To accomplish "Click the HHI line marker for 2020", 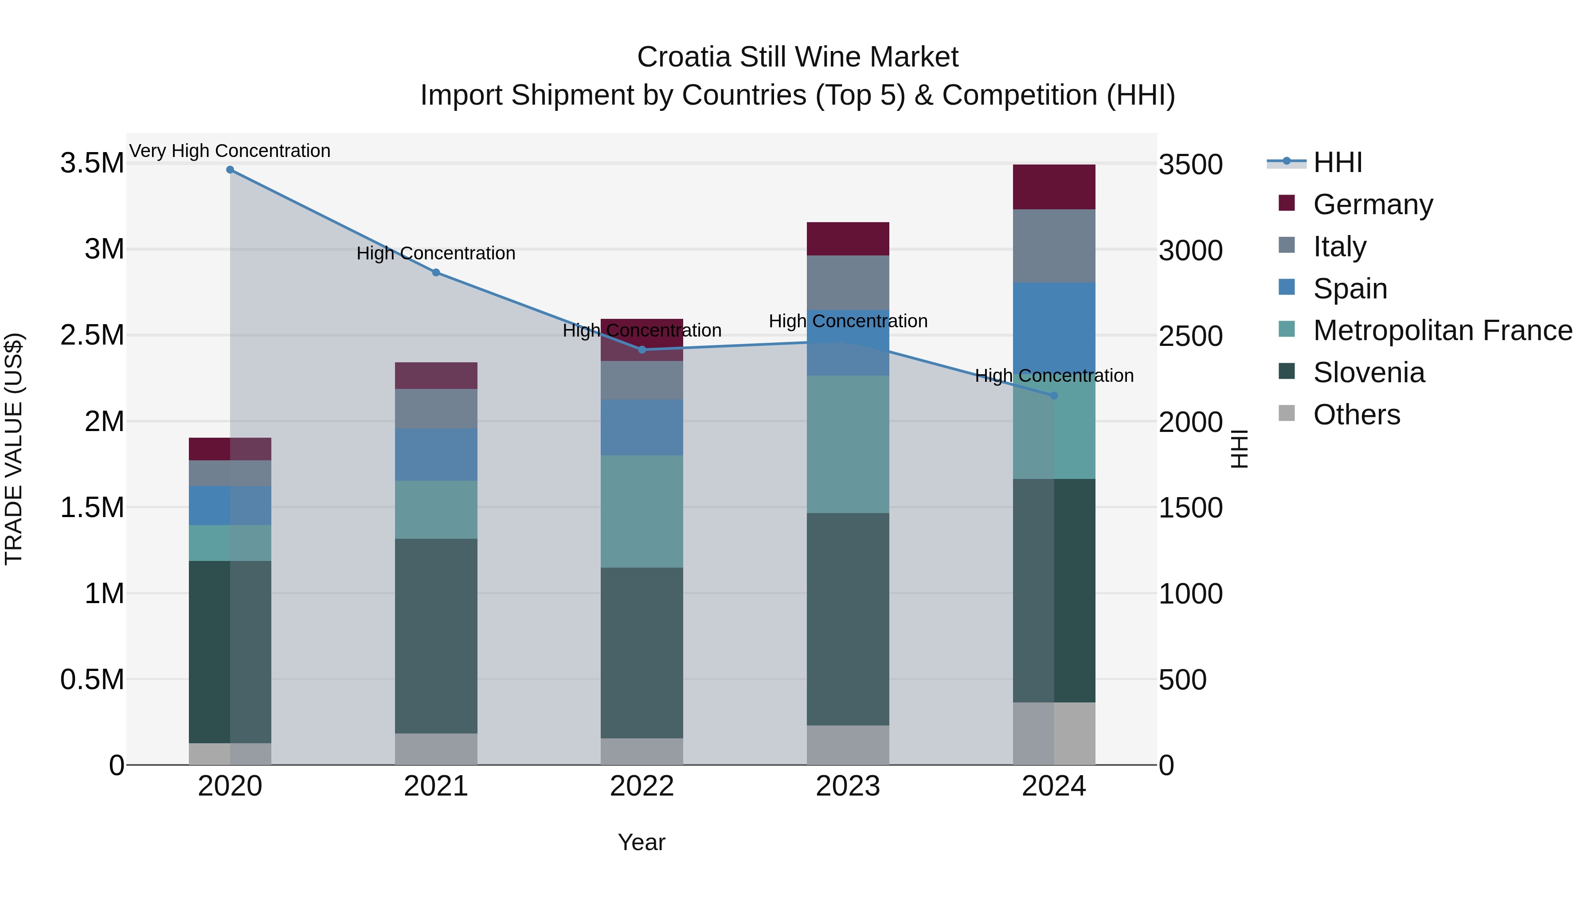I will [x=230, y=170].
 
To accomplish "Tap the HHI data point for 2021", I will [x=436, y=273].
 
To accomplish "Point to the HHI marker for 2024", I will [x=1054, y=396].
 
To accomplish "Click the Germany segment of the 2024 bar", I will [x=1054, y=187].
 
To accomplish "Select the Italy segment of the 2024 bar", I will [x=1054, y=246].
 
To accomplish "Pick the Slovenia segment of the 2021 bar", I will [x=436, y=636].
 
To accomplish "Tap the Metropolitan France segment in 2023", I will [x=848, y=444].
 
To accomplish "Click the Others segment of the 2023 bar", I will [x=848, y=745].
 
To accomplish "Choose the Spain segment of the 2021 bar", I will [x=436, y=454].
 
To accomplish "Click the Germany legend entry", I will [x=1372, y=204].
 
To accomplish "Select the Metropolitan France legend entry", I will [x=1442, y=331].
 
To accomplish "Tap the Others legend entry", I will [x=1356, y=415].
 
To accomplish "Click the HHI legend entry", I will [x=1337, y=162].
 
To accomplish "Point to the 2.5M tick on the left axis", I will [x=92, y=335].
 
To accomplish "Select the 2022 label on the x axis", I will [x=642, y=786].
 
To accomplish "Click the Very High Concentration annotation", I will [x=230, y=151].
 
